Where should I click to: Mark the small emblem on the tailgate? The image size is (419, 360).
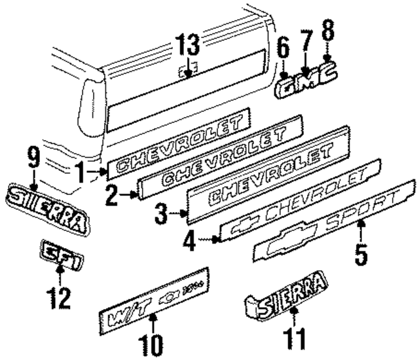click(x=187, y=73)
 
